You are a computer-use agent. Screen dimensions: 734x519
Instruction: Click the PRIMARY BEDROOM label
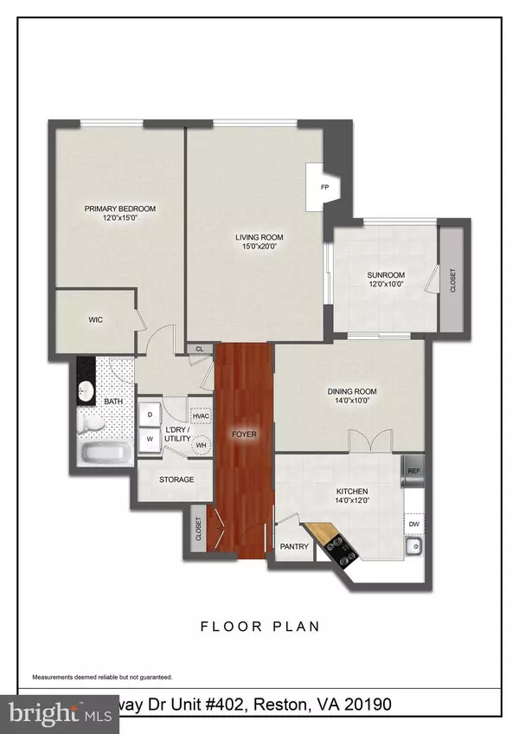coord(119,209)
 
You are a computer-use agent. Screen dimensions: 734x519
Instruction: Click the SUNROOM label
coord(385,275)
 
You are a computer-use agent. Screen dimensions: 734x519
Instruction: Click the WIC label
coord(95,319)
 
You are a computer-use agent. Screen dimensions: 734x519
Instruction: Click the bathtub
coord(102,453)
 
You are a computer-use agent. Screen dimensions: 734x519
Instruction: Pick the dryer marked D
coord(149,415)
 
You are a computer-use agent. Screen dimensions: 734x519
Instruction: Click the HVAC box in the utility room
coord(200,415)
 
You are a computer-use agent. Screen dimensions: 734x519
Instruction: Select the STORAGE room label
coord(176,480)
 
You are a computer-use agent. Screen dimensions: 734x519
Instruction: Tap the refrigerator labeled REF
coord(413,472)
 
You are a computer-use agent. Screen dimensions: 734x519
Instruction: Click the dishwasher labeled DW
coord(413,524)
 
